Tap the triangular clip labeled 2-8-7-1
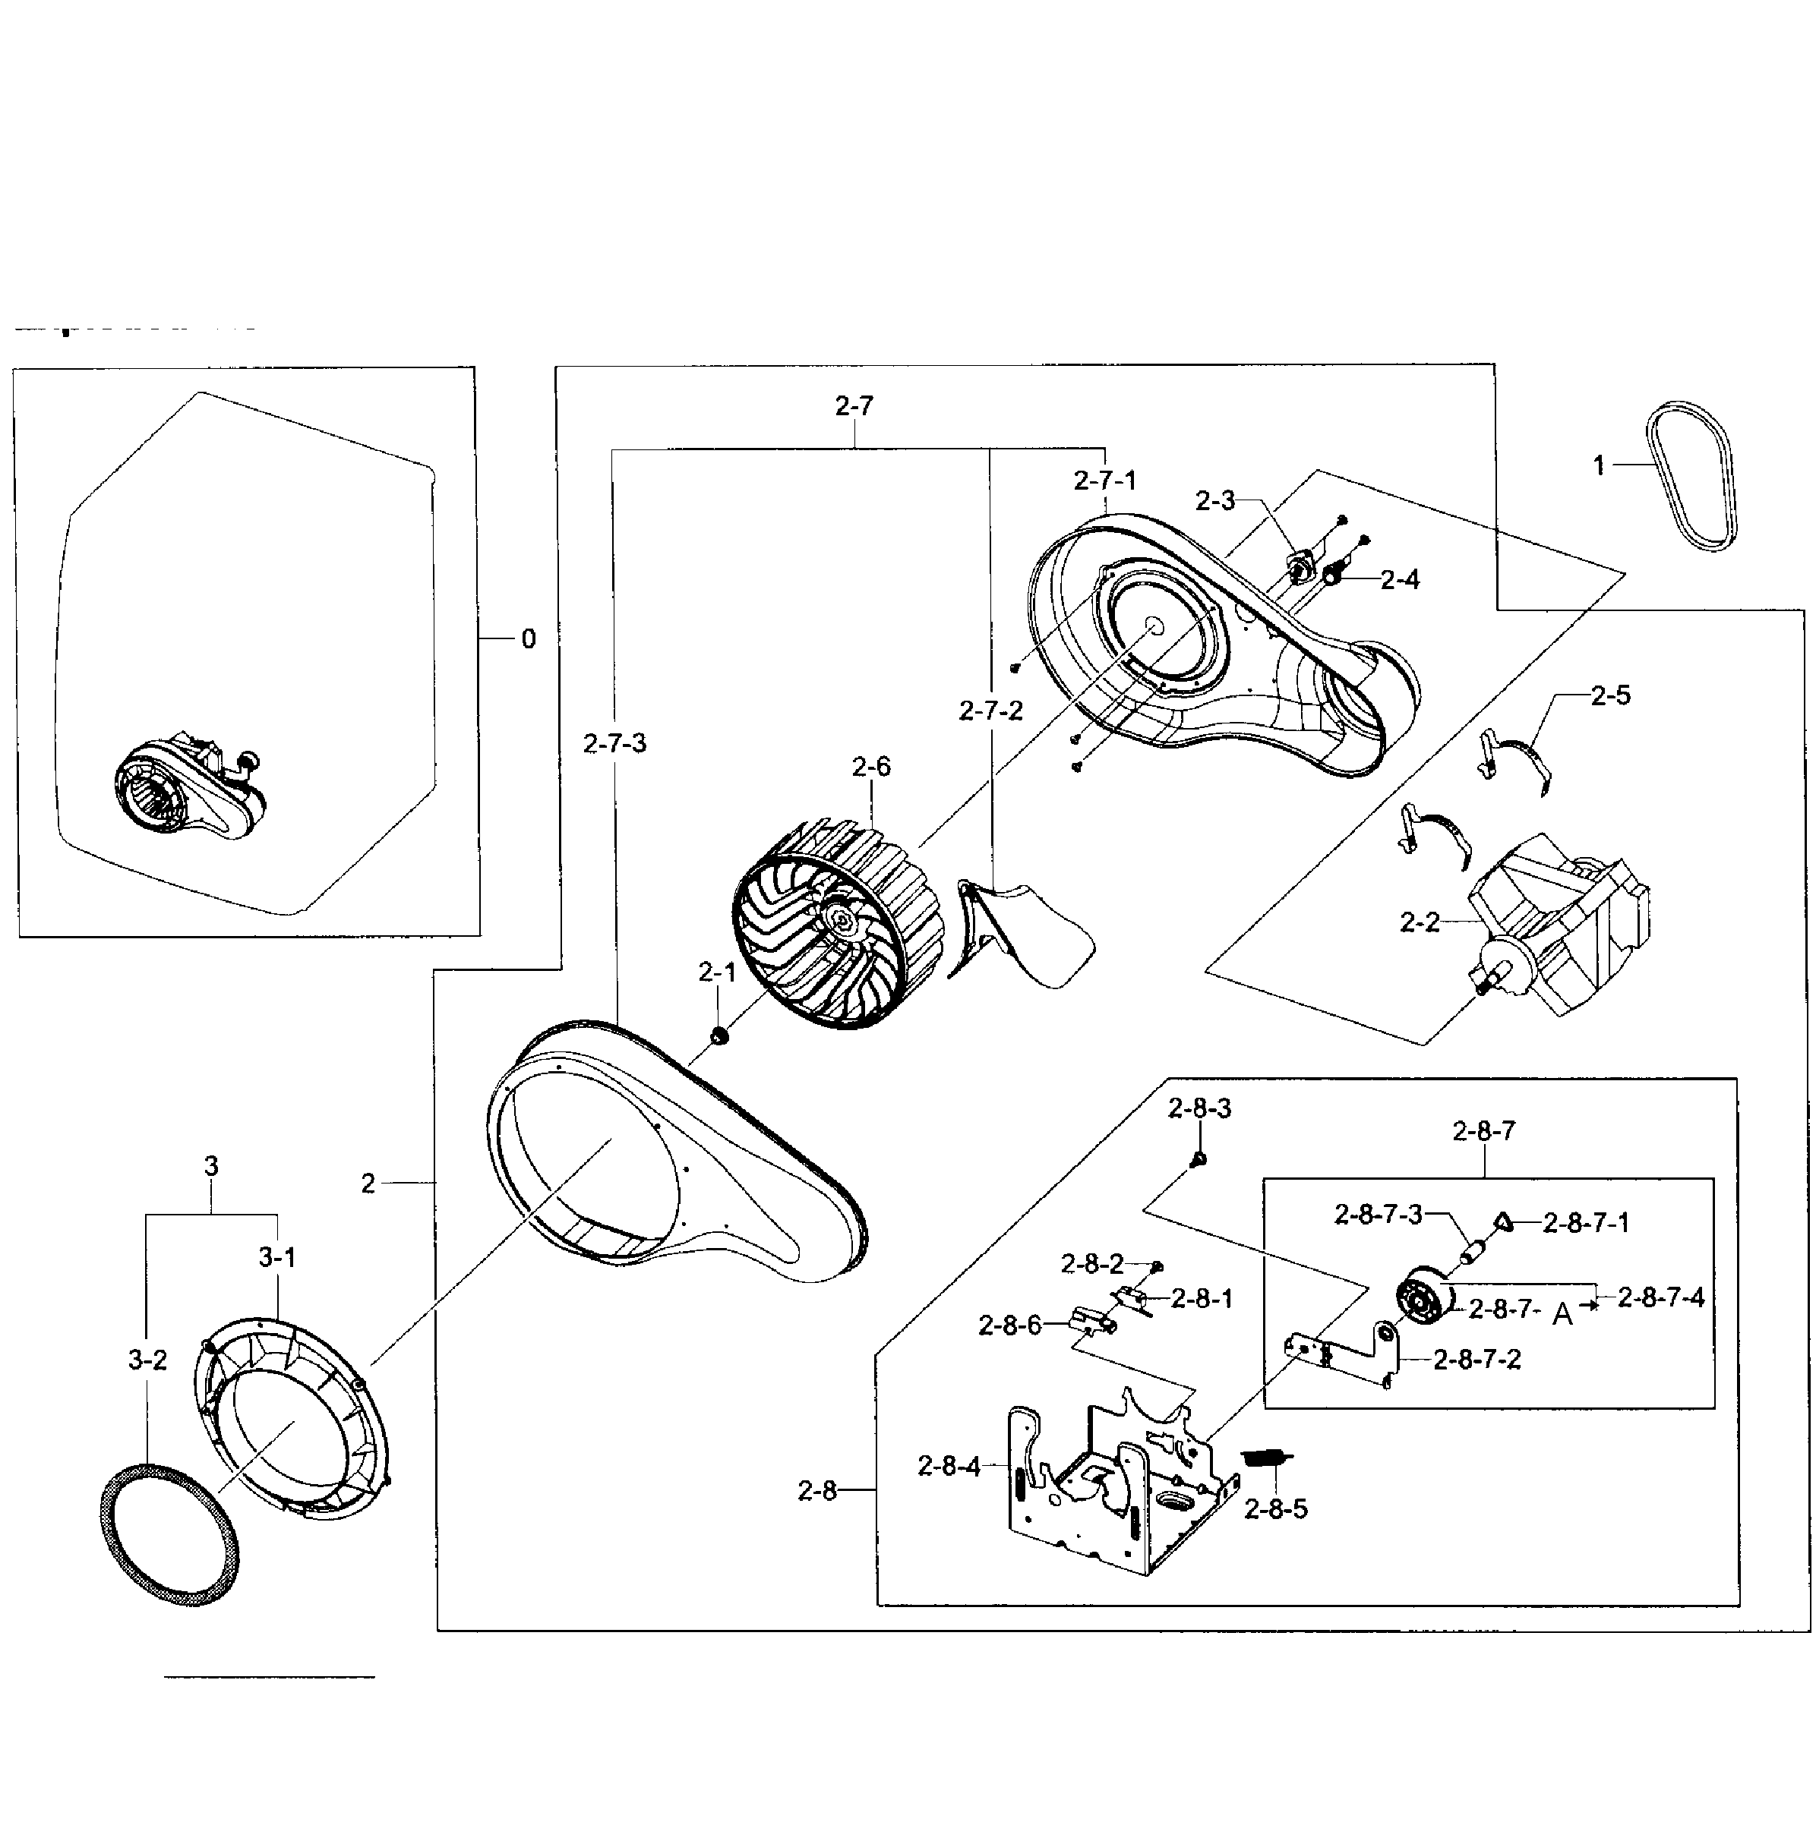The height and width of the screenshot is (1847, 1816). [1503, 1221]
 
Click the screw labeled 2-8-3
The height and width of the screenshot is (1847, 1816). [1200, 1158]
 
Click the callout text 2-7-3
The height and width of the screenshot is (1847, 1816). [614, 742]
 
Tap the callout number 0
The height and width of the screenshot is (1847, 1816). [529, 639]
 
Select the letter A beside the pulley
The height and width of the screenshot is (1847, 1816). [1562, 1315]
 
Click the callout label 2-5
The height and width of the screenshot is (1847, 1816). [1610, 695]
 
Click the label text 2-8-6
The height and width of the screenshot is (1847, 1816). [1009, 1325]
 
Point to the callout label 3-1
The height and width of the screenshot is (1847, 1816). [276, 1258]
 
